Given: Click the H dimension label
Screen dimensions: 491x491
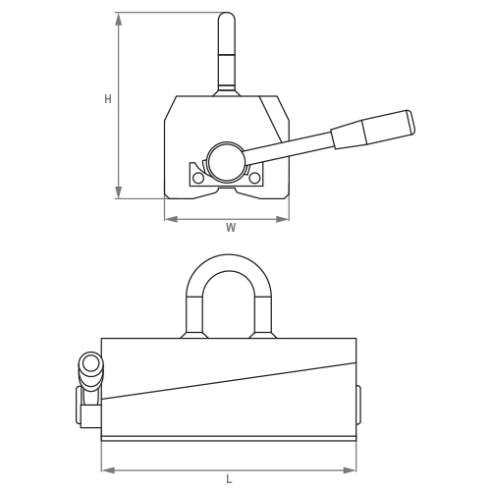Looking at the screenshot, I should pos(108,99).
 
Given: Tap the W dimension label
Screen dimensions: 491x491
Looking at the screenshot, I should pos(231,228).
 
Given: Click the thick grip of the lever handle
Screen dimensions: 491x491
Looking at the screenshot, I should pos(373,130).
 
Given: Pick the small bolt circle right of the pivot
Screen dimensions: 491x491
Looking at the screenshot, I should pos(255,178).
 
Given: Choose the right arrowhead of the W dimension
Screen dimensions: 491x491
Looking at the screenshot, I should pos(289,218).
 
